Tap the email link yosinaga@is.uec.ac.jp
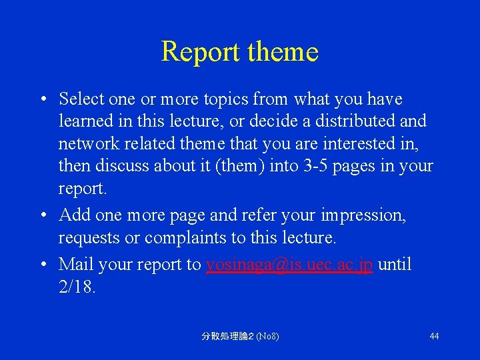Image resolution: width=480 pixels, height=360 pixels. coord(289,265)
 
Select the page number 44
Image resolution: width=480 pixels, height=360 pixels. coord(434,336)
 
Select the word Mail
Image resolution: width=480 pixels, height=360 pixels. coord(76,265)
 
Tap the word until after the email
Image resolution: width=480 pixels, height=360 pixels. coord(395,265)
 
